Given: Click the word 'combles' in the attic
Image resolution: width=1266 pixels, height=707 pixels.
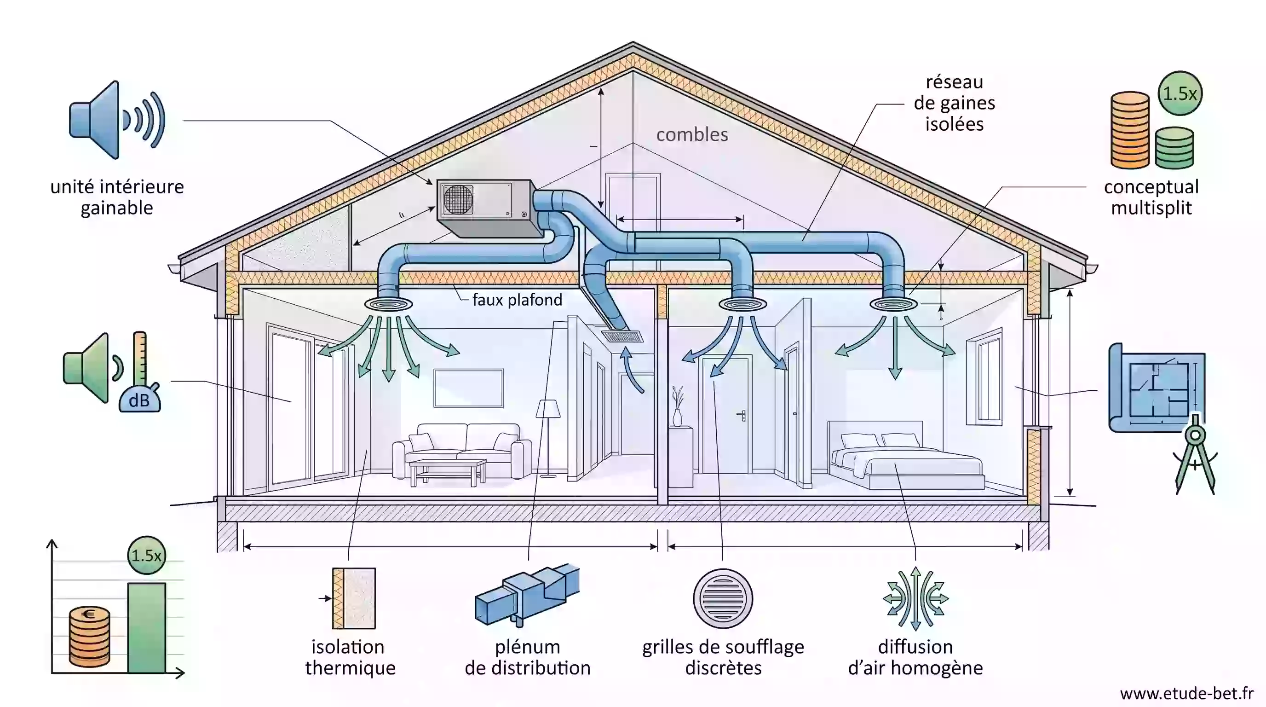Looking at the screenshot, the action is pos(692,134).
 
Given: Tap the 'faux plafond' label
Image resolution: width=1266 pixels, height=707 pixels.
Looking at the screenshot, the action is pos(517,300).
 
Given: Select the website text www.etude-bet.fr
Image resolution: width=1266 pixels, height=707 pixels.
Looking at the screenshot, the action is pos(1187,693).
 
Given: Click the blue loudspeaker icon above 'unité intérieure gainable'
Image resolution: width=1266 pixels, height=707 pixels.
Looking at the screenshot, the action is pos(117,120).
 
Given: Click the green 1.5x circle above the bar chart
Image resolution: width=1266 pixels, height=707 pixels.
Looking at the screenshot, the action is pos(146,556).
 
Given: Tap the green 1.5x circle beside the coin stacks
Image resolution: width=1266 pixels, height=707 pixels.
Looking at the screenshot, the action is pos(1180,93).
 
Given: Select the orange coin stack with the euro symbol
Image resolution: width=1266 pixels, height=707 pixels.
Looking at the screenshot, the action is pos(89,637).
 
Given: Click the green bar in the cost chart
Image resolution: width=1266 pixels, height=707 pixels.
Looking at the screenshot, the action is pos(146,628).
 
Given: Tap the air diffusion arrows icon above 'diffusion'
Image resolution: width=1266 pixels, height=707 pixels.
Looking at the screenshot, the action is pos(915,598).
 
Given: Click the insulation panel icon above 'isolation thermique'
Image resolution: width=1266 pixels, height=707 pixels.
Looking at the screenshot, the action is pos(353,598).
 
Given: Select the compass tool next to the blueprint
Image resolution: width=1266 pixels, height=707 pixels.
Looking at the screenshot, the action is pos(1195,454).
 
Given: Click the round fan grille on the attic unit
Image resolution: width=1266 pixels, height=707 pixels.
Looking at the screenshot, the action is pos(458,200).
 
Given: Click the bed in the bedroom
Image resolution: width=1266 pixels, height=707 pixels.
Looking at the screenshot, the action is pos(905,455).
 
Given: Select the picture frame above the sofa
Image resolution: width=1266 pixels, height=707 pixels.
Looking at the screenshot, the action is pos(468,388).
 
